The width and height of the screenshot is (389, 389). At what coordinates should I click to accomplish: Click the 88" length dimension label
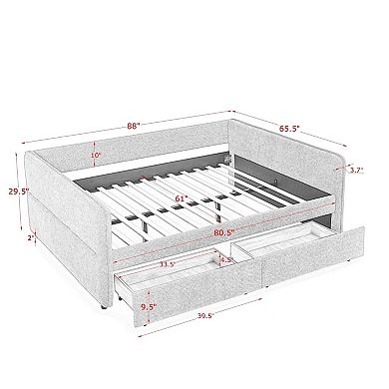134,126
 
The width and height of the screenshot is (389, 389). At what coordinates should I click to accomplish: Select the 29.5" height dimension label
19,192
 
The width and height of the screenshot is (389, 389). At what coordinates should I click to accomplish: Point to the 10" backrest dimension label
95,156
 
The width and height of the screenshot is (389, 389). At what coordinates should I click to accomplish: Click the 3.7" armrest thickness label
356,170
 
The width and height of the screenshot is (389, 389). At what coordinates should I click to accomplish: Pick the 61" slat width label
182,198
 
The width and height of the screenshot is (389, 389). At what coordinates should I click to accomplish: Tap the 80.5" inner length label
223,232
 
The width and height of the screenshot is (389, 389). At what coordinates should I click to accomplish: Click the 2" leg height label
31,238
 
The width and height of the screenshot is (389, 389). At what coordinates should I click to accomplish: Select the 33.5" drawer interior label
168,265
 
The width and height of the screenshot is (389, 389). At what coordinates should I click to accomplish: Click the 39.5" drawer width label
205,316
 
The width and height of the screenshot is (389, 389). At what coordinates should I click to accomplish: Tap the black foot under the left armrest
103,306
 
